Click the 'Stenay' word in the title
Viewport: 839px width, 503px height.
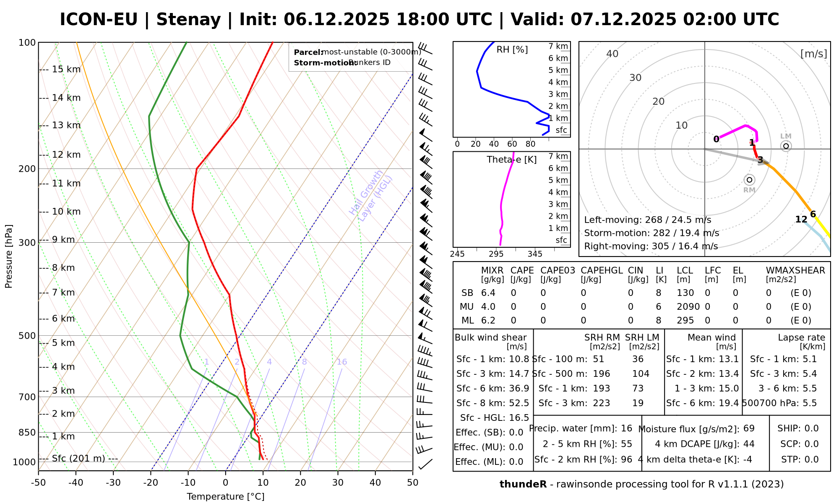(x=188, y=19)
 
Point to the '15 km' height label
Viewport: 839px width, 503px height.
(x=66, y=69)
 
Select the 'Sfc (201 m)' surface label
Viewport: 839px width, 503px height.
(x=78, y=459)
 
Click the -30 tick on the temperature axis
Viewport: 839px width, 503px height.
(x=113, y=483)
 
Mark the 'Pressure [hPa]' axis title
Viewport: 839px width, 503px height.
(x=9, y=257)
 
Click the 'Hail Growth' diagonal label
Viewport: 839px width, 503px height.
(x=366, y=193)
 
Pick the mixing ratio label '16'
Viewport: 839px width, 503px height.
(x=342, y=362)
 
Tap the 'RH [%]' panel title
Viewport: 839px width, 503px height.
(x=512, y=50)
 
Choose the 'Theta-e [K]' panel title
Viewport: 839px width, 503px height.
(x=512, y=160)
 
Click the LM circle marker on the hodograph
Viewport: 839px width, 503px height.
(x=786, y=146)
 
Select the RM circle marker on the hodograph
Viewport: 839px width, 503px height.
(x=750, y=180)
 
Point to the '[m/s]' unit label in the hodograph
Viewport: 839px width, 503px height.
(x=814, y=54)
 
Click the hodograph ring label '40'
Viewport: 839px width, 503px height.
(x=612, y=54)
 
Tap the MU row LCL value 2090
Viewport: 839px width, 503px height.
(x=688, y=307)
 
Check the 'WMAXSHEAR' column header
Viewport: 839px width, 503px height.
(x=795, y=270)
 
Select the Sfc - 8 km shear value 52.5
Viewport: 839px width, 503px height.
(x=519, y=403)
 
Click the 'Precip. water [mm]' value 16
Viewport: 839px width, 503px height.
(x=626, y=428)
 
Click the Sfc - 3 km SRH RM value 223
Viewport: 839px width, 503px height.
(x=602, y=403)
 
